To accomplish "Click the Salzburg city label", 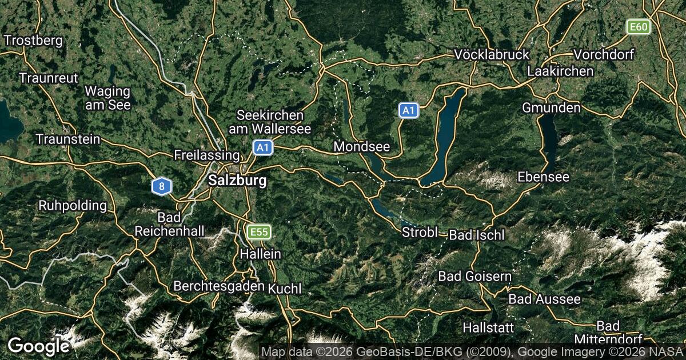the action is click(x=238, y=181).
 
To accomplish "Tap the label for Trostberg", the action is click(x=33, y=41).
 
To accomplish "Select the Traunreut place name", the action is click(x=48, y=78).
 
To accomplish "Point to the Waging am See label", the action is click(x=107, y=98).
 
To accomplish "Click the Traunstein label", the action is click(x=67, y=139).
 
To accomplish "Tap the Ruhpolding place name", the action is click(x=73, y=205).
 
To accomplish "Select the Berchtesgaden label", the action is click(x=218, y=285).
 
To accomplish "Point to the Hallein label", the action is click(x=261, y=254).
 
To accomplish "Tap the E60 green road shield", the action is click(x=638, y=27).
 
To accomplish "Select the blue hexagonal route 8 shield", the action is click(x=162, y=186).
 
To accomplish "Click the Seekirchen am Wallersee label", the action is click(x=270, y=122).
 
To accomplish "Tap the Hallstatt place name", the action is click(x=488, y=327).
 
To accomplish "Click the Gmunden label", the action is click(x=551, y=107).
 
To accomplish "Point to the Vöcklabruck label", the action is click(x=492, y=54).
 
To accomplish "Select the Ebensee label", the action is click(x=543, y=177).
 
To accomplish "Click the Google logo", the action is click(x=38, y=346).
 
